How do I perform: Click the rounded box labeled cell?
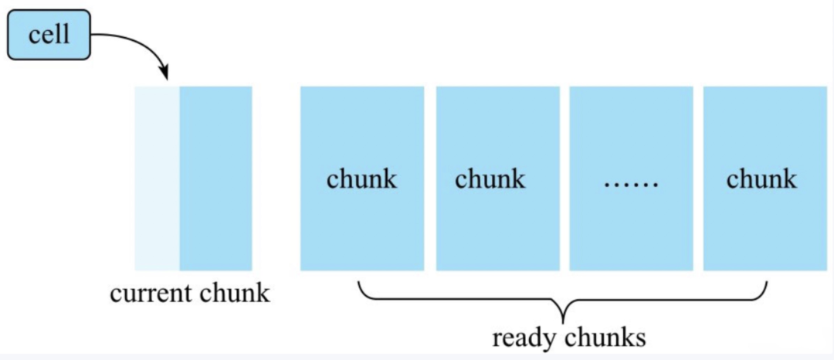pyautogui.click(x=49, y=36)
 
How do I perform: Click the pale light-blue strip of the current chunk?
pyautogui.click(x=157, y=178)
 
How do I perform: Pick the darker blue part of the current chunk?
pyautogui.click(x=215, y=178)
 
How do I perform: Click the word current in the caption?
pyautogui.click(x=152, y=294)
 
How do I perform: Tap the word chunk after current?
pyautogui.click(x=236, y=294)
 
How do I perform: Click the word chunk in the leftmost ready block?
pyautogui.click(x=361, y=179)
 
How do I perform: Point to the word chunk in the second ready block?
pyautogui.click(x=490, y=179)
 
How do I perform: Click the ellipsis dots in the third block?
pyautogui.click(x=631, y=184)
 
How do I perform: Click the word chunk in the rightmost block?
pyautogui.click(x=761, y=179)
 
